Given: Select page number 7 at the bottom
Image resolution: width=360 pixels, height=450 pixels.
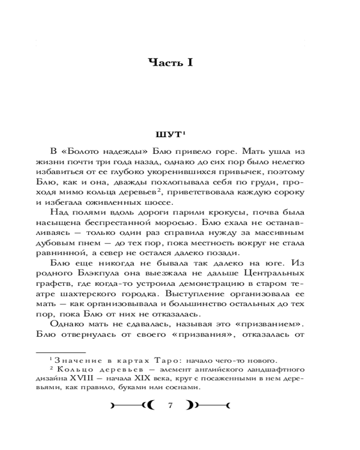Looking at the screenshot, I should coord(171,405).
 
